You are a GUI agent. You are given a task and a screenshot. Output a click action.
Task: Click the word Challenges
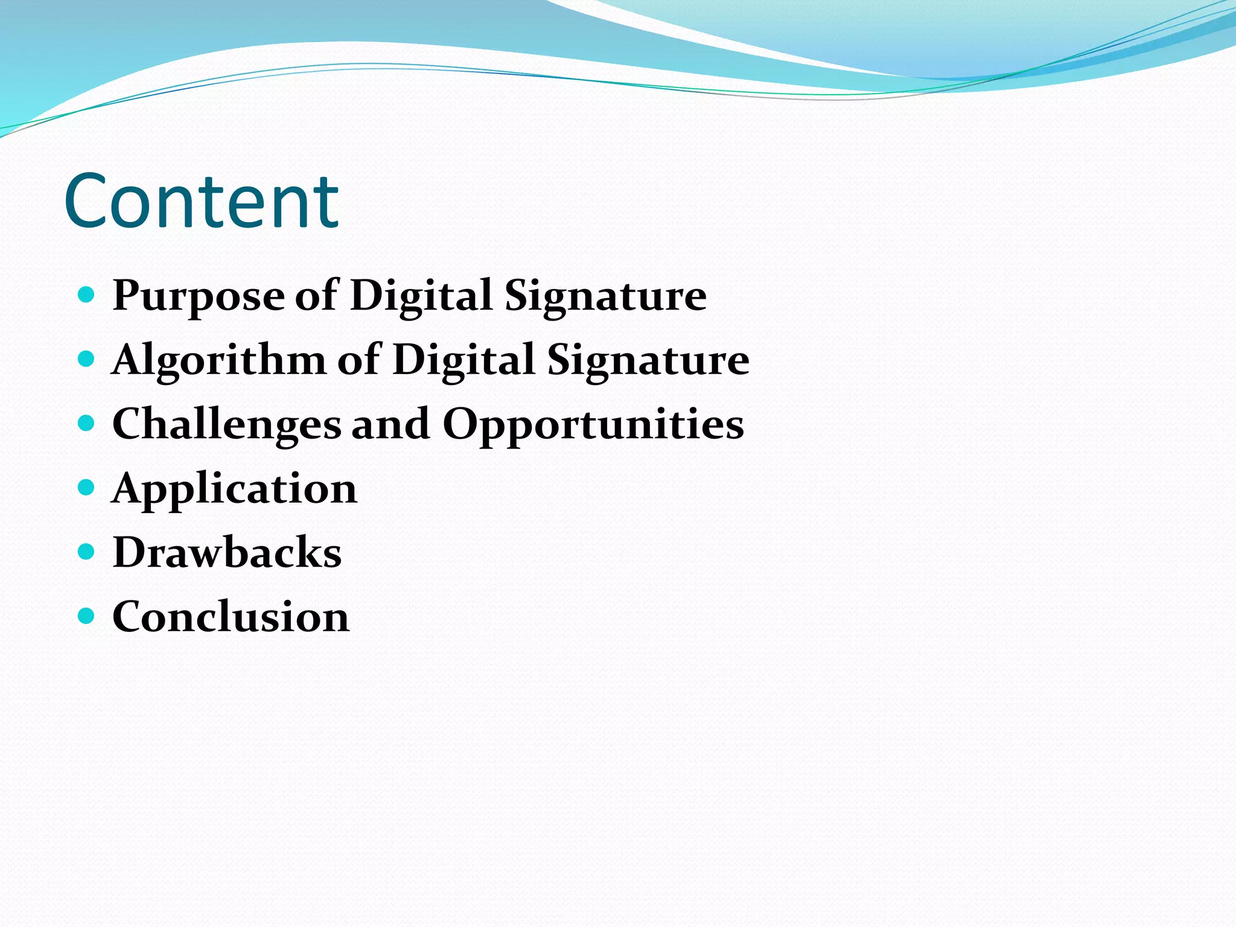tap(226, 425)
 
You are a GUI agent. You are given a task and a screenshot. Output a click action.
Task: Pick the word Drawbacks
tap(227, 552)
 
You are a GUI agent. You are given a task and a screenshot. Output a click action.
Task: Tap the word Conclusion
tap(231, 617)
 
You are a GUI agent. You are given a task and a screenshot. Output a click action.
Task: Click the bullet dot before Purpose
tap(87, 295)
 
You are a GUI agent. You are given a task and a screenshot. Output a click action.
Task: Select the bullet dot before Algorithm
tap(87, 359)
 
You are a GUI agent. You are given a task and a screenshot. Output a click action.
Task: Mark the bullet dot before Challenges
tap(87, 423)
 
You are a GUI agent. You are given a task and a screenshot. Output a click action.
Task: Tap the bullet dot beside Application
tap(87, 487)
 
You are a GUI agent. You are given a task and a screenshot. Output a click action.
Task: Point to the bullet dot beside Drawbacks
tap(87, 552)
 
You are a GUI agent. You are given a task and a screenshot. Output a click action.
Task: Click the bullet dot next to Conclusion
tap(87, 616)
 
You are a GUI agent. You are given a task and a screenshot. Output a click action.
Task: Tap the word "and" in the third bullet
tap(391, 424)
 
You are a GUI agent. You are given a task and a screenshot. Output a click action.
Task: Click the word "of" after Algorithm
tap(358, 360)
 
